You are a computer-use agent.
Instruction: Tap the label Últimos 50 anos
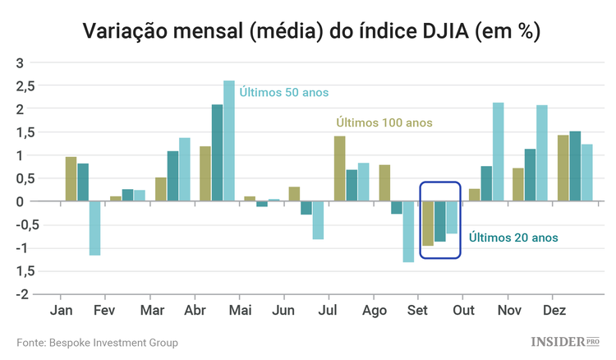tap(284, 93)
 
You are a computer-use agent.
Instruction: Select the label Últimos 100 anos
tap(384, 123)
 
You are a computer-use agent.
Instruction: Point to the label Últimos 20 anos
tap(513, 238)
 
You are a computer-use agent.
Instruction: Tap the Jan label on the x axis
tap(61, 311)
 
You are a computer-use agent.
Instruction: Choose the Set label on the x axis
tap(416, 311)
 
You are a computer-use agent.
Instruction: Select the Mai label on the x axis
tap(239, 311)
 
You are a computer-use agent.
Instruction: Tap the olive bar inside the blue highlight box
tap(427, 223)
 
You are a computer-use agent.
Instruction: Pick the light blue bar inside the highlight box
tap(452, 217)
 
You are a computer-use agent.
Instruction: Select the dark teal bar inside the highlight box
tap(439, 221)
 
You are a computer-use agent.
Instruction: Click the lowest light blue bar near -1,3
tap(408, 232)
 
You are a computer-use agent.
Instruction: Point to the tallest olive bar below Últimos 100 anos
tap(339, 168)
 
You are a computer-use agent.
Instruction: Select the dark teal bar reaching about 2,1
tap(217, 153)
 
